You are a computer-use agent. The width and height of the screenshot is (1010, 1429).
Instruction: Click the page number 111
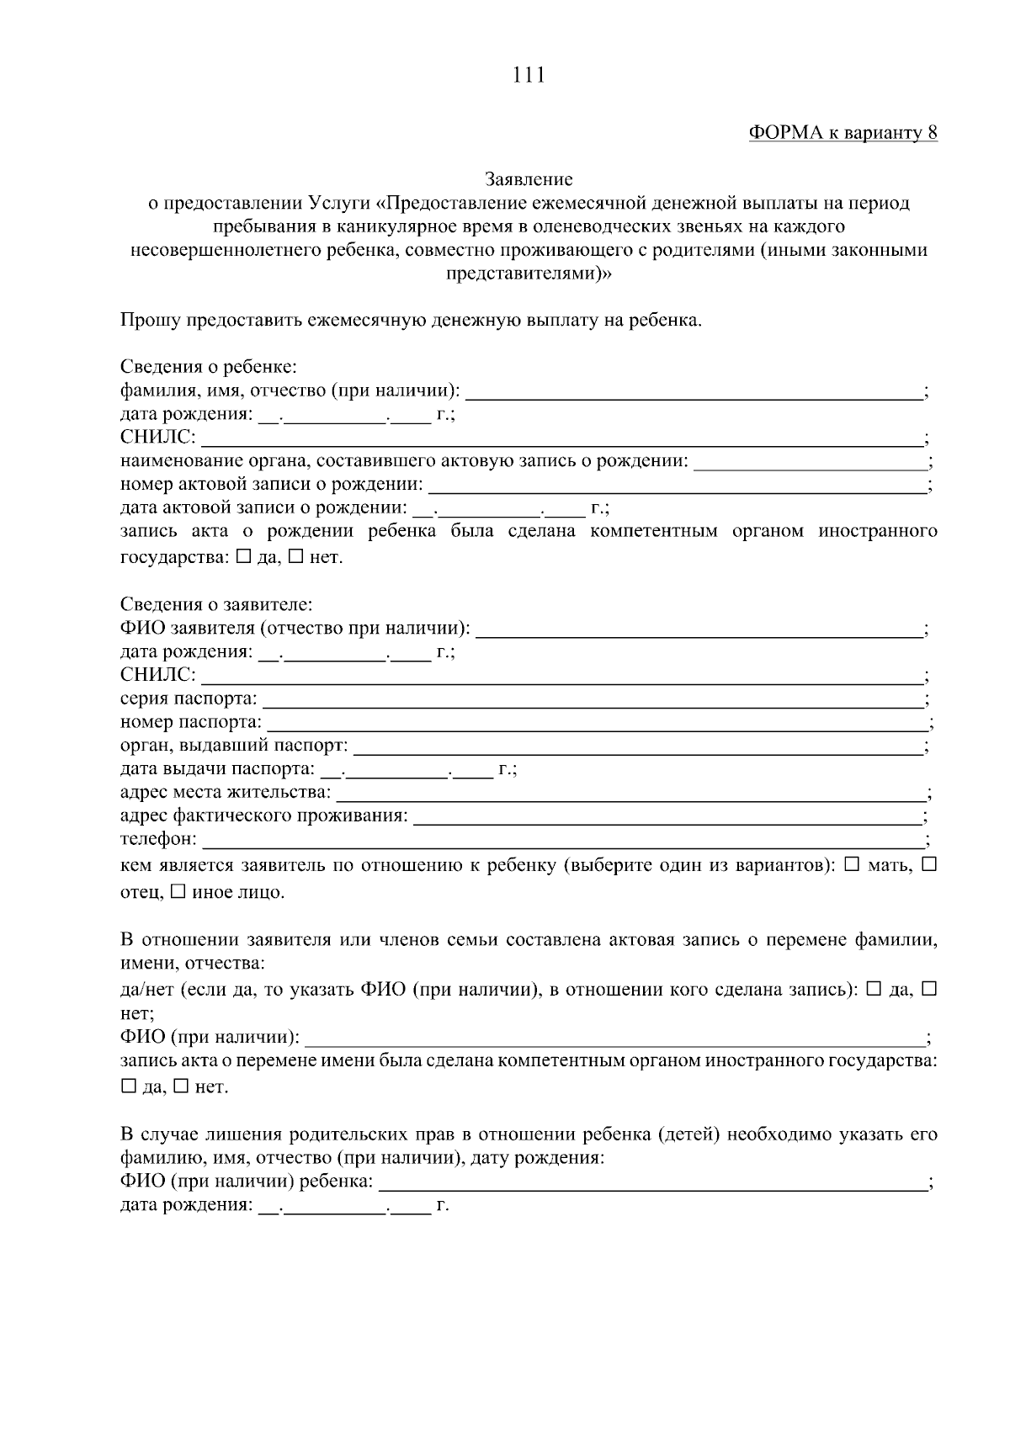[529, 75]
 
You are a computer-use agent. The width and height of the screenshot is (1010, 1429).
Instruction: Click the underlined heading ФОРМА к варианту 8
[843, 133]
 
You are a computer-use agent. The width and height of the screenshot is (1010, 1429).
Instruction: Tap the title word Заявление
[529, 179]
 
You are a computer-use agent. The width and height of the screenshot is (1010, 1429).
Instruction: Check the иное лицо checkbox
[178, 891]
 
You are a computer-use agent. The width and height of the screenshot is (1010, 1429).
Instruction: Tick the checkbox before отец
[929, 865]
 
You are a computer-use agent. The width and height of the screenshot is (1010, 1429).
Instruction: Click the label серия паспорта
[189, 699]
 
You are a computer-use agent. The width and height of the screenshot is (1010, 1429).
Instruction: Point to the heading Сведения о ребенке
[209, 368]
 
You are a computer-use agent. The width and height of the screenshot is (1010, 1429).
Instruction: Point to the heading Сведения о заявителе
[216, 605]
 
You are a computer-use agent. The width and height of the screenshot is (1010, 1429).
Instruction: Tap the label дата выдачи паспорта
[217, 769]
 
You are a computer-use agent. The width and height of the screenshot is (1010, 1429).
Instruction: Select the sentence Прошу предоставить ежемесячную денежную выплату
[410, 321]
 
